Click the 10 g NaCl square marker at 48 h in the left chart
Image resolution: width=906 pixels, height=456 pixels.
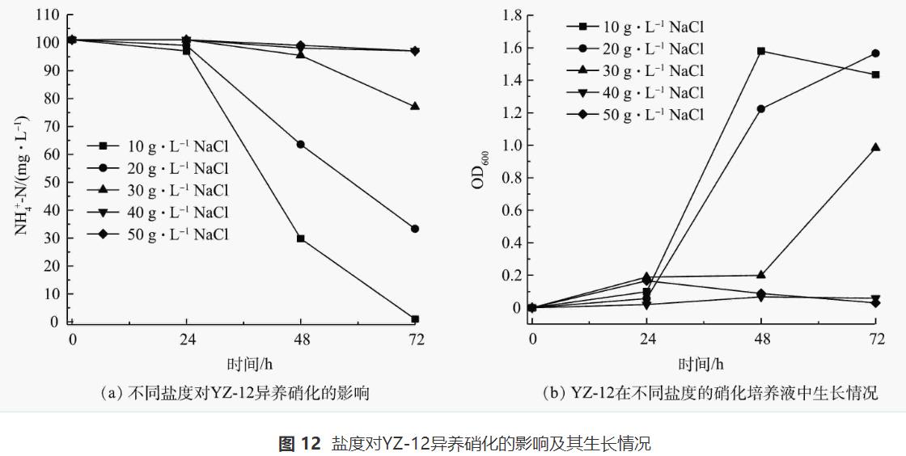point(300,239)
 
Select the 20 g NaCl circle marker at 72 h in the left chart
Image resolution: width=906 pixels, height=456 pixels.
point(415,229)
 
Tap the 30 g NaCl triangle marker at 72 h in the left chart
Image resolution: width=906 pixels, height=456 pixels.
point(415,106)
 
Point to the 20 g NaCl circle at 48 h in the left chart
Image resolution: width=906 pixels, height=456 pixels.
point(300,145)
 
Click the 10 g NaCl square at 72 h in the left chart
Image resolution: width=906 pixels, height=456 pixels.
point(415,319)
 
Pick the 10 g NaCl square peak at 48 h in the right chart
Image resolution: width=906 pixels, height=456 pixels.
point(760,51)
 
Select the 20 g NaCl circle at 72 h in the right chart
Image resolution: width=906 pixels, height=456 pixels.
point(875,53)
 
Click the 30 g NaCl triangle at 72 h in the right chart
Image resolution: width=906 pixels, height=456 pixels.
point(875,147)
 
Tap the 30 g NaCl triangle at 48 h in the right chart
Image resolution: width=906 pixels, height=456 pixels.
point(760,275)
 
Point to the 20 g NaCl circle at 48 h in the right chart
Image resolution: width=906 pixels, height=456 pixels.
point(760,109)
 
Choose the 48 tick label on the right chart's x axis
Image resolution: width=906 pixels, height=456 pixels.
point(760,339)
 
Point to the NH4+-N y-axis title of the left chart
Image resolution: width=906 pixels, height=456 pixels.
point(23,176)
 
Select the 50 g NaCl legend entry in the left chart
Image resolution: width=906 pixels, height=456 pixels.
point(158,234)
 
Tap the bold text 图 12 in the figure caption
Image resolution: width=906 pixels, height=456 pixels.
point(299,443)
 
